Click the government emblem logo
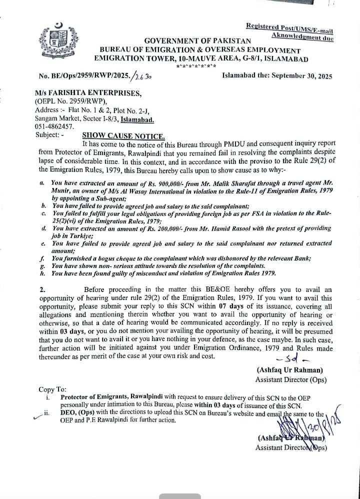59,40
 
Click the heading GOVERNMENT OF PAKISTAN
197,40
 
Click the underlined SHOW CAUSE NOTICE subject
123,135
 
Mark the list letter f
43,258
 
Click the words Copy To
52,389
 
